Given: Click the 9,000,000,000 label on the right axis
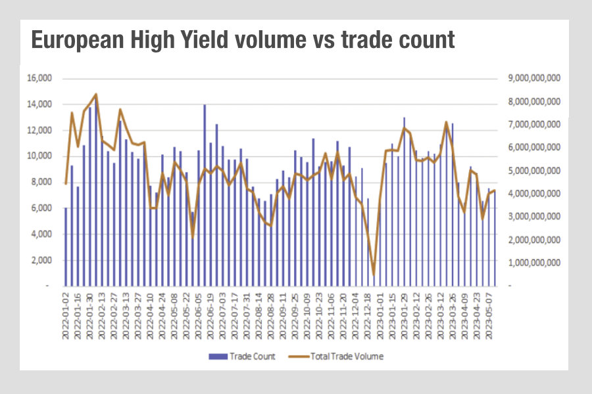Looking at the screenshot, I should (x=534, y=79).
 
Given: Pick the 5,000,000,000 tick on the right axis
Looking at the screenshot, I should (x=534, y=171).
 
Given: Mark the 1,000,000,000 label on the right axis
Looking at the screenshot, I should (x=534, y=263).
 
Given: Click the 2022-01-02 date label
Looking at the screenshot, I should (x=66, y=315).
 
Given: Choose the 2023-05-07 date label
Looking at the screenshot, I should (x=489, y=315).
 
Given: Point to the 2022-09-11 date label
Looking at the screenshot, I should (x=284, y=315).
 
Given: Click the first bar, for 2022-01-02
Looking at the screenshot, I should (x=66, y=247).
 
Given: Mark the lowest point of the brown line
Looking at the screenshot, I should (x=374, y=275).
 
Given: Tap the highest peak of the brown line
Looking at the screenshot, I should (x=97, y=95).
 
